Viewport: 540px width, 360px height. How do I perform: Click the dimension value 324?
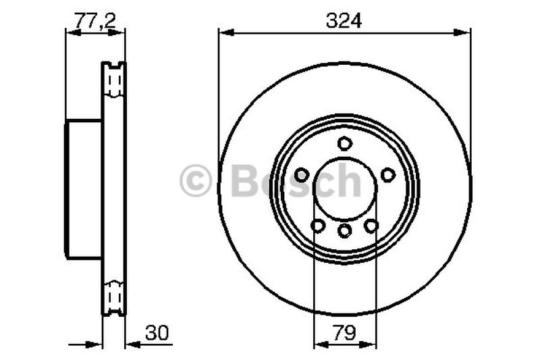tap(344, 21)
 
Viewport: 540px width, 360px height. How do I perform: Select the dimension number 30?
tap(156, 333)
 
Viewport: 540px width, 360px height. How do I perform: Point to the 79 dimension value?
tap(344, 333)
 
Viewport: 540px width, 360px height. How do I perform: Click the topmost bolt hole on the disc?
tap(345, 143)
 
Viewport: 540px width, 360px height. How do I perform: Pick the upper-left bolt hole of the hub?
tap(302, 175)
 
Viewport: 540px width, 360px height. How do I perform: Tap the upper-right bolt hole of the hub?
tap(387, 175)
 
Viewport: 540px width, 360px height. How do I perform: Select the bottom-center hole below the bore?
tap(345, 231)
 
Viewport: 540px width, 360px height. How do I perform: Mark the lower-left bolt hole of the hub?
tap(318, 226)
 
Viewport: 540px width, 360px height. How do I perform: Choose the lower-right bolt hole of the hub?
tap(371, 226)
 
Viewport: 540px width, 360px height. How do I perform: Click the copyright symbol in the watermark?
tap(196, 182)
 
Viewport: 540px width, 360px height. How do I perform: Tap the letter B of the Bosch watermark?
tap(245, 181)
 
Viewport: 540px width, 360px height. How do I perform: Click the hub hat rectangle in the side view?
tap(84, 188)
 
